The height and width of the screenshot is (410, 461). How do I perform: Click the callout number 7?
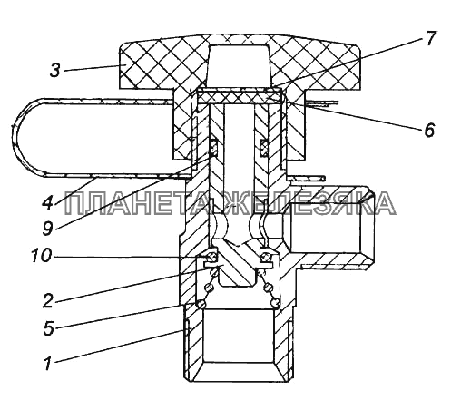click(x=430, y=39)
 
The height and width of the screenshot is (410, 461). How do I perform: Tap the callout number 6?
click(x=429, y=130)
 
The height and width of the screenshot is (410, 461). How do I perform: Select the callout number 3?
click(x=55, y=71)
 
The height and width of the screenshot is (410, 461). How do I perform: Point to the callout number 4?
click(x=47, y=202)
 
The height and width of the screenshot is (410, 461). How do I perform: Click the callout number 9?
click(x=47, y=228)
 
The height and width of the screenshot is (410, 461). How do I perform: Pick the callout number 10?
click(x=42, y=257)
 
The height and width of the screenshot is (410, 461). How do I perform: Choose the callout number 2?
click(x=48, y=301)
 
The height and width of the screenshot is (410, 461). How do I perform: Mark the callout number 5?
click(x=48, y=328)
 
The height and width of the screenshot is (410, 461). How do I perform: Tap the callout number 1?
click(x=47, y=363)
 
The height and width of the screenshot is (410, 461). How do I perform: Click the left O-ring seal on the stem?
click(x=213, y=148)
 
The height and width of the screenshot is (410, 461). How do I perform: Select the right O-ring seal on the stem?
click(x=264, y=148)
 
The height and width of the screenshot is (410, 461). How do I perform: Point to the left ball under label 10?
click(x=211, y=257)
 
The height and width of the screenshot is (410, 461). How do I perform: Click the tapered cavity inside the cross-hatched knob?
click(x=239, y=64)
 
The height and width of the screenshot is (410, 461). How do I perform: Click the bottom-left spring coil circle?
click(x=201, y=303)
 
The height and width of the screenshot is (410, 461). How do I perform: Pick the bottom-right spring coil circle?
click(x=275, y=303)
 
